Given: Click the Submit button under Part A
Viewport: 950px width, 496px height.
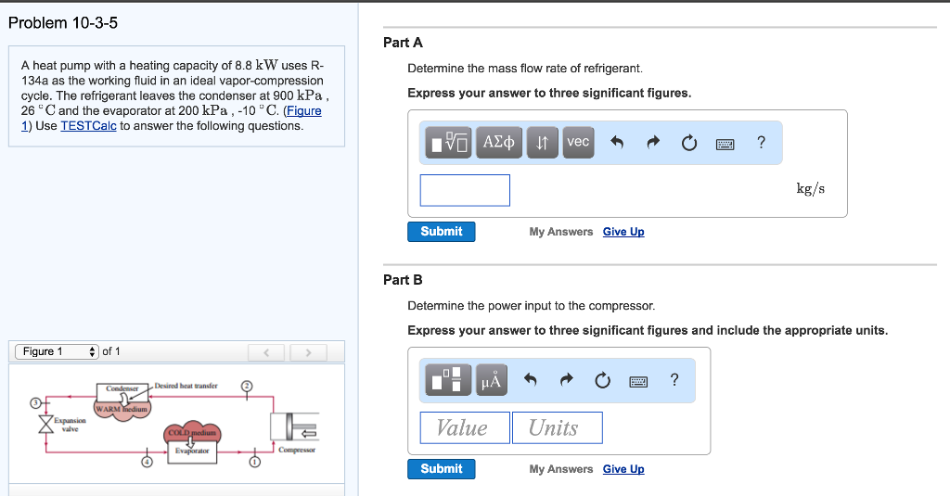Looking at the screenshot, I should click(x=441, y=232).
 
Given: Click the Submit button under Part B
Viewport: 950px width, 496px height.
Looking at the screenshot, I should click(x=441, y=469).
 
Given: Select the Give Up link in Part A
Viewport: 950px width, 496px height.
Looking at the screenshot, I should click(x=623, y=232).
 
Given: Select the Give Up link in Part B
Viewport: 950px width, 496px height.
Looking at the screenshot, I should click(x=623, y=469).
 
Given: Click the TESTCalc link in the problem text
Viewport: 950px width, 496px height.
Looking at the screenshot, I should click(x=88, y=125).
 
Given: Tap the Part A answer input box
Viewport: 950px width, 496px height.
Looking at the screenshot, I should click(x=465, y=190).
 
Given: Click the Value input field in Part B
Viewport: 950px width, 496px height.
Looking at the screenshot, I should click(x=465, y=427).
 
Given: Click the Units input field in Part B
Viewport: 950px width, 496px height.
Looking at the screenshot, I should click(x=557, y=427).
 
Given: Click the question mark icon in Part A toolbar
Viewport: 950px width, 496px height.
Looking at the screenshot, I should click(x=761, y=143).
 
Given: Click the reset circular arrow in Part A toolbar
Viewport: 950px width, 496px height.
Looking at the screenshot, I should click(x=687, y=143).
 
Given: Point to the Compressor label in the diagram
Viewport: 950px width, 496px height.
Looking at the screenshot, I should click(x=297, y=450).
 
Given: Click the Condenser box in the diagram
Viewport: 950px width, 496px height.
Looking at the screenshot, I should click(x=122, y=388).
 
